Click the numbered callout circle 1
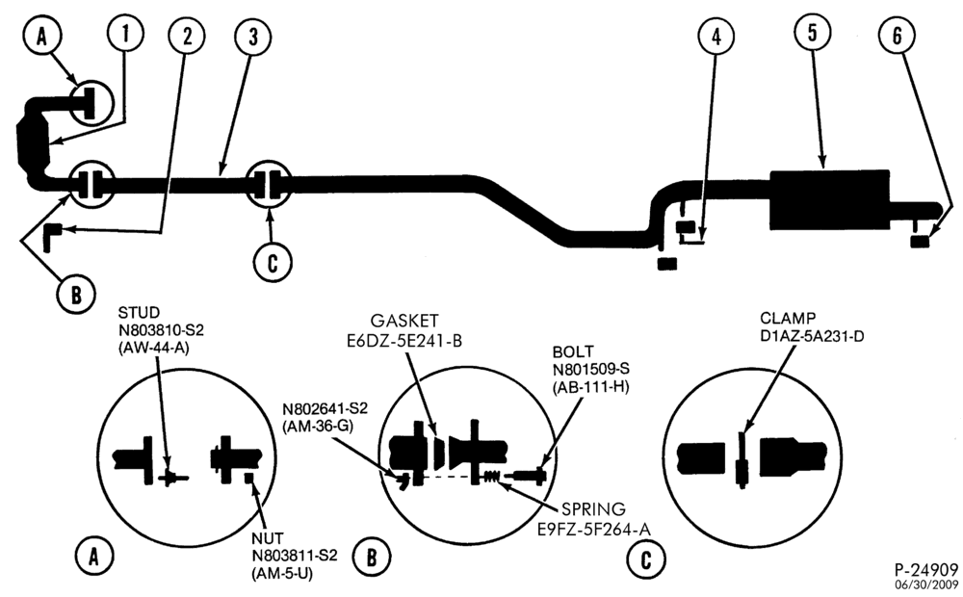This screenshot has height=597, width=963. [125, 34]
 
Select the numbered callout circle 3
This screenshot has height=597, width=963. [253, 37]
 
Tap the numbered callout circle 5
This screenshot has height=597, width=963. [812, 33]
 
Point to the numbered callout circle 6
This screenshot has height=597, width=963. [897, 36]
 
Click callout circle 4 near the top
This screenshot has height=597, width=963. [716, 37]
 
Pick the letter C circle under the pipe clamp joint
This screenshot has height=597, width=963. [273, 263]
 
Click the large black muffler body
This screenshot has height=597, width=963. [829, 199]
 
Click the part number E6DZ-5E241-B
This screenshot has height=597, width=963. [403, 340]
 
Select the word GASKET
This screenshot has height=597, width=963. [404, 321]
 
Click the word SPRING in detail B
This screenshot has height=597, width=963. [594, 509]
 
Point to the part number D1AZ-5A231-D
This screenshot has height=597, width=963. [812, 336]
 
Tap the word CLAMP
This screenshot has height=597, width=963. [788, 319]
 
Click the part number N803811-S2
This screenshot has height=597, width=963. [294, 556]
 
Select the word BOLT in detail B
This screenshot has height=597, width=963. [573, 351]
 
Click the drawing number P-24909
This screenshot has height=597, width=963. [925, 569]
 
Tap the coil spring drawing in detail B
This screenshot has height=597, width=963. [491, 476]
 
